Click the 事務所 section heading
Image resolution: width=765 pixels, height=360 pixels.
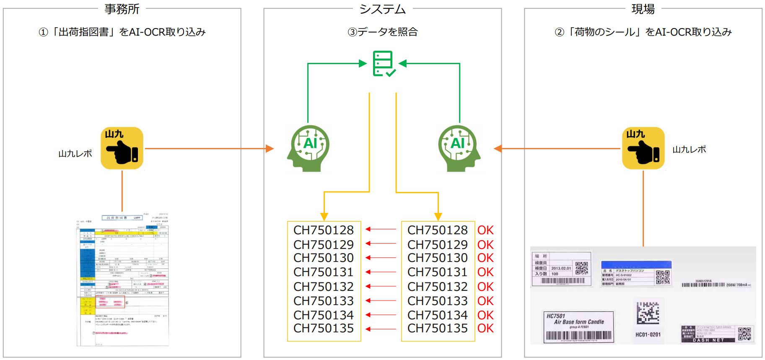(122, 9)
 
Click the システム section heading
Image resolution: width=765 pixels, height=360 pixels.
(382, 9)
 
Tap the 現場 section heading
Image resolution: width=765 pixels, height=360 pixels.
(643, 9)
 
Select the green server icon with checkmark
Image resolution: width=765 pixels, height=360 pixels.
(384, 64)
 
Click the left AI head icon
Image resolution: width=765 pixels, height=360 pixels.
(309, 148)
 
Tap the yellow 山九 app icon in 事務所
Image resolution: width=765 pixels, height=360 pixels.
(122, 148)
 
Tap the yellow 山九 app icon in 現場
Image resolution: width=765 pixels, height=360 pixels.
(643, 148)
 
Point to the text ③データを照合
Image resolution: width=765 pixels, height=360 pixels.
(382, 32)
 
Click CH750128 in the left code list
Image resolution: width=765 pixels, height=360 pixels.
(324, 230)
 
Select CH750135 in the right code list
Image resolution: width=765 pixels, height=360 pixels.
(438, 328)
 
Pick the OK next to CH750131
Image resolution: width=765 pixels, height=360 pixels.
(485, 272)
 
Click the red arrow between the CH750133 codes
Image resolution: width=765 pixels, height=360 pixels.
(381, 301)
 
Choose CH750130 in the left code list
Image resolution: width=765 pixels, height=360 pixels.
(324, 258)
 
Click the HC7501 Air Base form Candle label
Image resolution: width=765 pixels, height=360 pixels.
(578, 327)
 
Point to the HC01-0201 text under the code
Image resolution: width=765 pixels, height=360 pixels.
(648, 334)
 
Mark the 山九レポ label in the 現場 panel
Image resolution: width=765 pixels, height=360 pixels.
(689, 150)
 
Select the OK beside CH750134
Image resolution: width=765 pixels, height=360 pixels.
(485, 315)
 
